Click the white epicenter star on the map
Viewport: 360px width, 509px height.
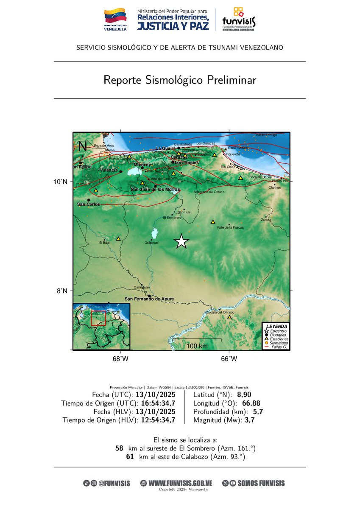point(181,241)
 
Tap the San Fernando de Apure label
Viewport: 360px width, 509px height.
point(149,299)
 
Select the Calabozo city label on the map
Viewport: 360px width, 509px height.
point(151,243)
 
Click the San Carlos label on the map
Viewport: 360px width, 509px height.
point(89,204)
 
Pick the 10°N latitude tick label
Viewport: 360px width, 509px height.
point(62,182)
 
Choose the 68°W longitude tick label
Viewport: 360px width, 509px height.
point(120,359)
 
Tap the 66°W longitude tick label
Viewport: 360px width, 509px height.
point(229,359)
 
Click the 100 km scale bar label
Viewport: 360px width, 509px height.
point(197,346)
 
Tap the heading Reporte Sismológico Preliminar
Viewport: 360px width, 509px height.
point(180,80)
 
